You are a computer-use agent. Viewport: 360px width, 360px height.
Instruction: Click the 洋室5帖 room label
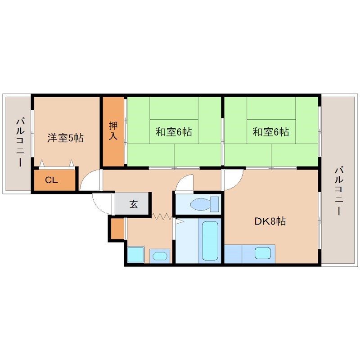point(66,138)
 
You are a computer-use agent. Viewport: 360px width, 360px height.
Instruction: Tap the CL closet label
point(51,180)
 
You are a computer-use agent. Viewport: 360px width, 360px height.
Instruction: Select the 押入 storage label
point(113,130)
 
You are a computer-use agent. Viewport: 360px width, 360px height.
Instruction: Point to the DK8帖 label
point(269,221)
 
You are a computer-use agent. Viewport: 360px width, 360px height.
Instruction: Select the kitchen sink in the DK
point(263,253)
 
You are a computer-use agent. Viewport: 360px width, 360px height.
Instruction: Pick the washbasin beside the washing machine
point(159,256)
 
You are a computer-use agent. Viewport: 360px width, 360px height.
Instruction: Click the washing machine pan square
point(135,255)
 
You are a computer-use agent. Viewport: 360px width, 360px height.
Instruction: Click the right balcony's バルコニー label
point(338,191)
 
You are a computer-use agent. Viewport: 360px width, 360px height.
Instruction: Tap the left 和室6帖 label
point(174,132)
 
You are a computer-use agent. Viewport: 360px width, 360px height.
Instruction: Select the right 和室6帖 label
point(271,132)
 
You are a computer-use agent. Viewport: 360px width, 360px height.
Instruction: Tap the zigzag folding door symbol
point(162,216)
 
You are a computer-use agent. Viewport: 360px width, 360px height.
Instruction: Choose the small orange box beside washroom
point(117,228)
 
